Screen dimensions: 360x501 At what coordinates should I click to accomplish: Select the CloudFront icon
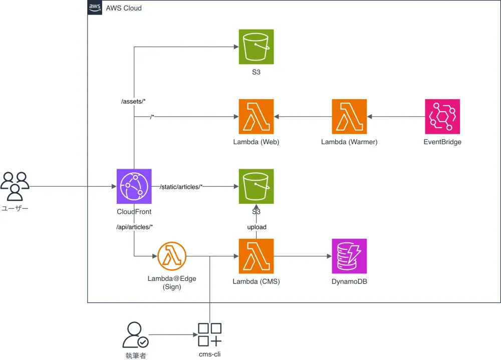pyautogui.click(x=134, y=186)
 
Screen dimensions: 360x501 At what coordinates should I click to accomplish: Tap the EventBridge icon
pyautogui.click(x=442, y=117)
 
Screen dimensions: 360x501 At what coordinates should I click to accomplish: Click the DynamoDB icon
pyautogui.click(x=349, y=256)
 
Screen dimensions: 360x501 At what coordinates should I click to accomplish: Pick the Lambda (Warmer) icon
pyautogui.click(x=349, y=117)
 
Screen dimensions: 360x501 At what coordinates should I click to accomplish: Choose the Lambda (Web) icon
pyautogui.click(x=256, y=117)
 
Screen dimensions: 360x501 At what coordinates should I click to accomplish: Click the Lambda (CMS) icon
pyautogui.click(x=256, y=256)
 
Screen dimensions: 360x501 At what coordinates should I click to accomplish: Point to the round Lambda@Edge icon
pyautogui.click(x=172, y=256)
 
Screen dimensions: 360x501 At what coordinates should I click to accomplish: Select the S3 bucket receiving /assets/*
pyautogui.click(x=256, y=47)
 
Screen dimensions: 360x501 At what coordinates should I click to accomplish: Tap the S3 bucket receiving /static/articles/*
pyautogui.click(x=256, y=186)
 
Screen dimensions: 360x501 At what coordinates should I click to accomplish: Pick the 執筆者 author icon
pyautogui.click(x=135, y=335)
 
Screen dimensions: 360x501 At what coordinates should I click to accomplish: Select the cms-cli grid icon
pyautogui.click(x=209, y=335)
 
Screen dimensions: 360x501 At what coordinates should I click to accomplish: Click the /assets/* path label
pyautogui.click(x=133, y=102)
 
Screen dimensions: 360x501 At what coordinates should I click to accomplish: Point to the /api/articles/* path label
pyautogui.click(x=134, y=227)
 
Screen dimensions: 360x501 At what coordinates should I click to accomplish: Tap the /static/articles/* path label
pyautogui.click(x=181, y=187)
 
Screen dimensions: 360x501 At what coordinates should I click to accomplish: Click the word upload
pyautogui.click(x=257, y=227)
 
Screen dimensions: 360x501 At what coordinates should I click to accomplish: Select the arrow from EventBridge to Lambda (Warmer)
pyautogui.click(x=396, y=117)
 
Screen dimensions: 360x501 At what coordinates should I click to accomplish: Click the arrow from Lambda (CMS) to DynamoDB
pyautogui.click(x=303, y=256)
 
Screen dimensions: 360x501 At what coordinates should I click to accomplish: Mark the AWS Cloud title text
pyautogui.click(x=124, y=8)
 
